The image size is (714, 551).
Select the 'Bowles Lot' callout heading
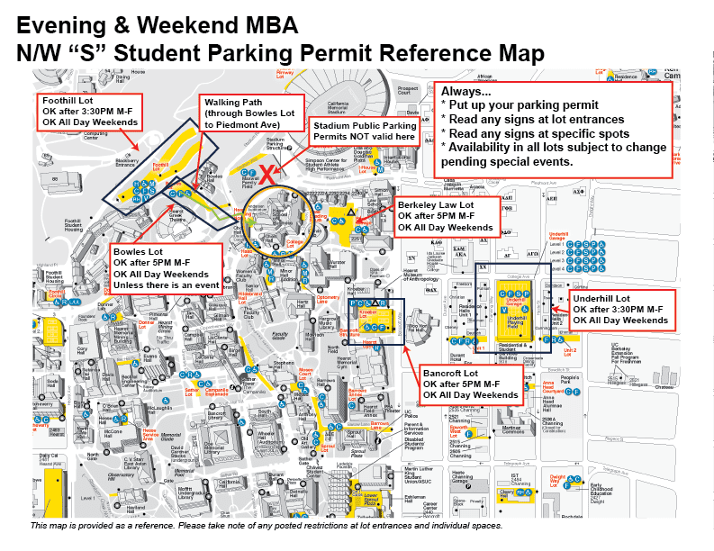pos(138,251)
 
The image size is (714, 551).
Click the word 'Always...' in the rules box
pos(466,93)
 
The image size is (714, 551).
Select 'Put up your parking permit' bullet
pos(516,106)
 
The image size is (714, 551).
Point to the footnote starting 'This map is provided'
pos(267,526)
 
